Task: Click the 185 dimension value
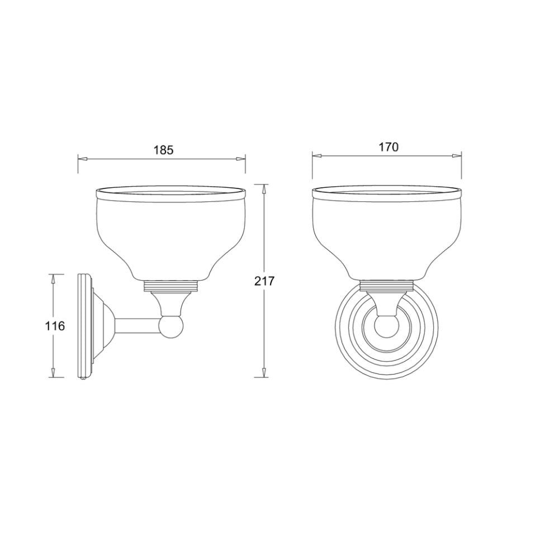pos(163,150)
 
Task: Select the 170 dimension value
pos(388,147)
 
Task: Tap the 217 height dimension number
pos(264,281)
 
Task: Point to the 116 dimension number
pos(55,325)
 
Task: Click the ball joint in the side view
pos(170,327)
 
